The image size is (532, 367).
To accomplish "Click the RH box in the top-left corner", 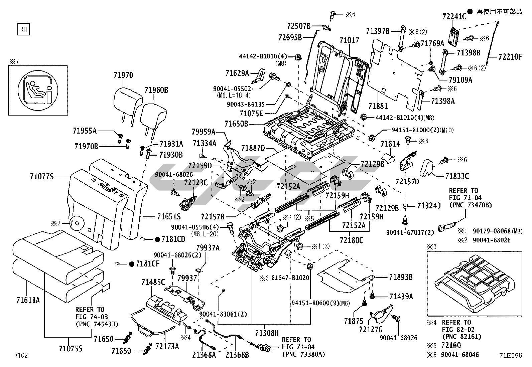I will [x=23, y=29].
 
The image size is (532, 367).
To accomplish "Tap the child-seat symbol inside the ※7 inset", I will [x=38, y=90].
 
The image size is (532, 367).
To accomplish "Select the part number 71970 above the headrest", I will [x=123, y=75].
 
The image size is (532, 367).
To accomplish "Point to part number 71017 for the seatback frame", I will [x=349, y=40].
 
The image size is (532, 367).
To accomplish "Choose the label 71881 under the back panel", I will [x=378, y=106].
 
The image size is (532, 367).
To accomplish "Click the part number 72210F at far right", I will [x=510, y=57].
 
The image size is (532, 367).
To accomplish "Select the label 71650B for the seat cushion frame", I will [x=236, y=124].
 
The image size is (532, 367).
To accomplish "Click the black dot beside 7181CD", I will [x=157, y=239].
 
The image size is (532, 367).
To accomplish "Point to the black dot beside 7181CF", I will [x=132, y=264].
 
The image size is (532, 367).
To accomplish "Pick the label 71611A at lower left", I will [x=28, y=300].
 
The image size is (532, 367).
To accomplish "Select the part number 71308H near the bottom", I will [x=267, y=333].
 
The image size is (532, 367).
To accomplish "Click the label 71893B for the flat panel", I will [x=401, y=277].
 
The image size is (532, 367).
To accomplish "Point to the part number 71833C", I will [x=457, y=176].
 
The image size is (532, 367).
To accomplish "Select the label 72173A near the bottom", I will [x=167, y=346].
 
